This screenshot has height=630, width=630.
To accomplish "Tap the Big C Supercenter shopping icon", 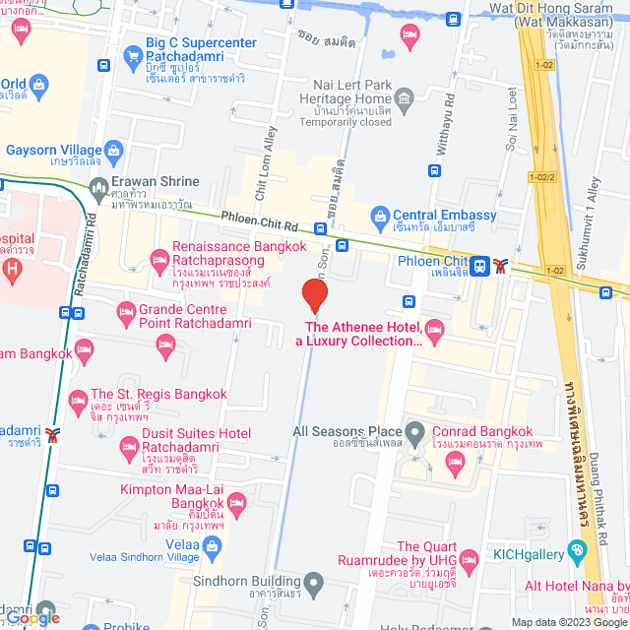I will (131, 55).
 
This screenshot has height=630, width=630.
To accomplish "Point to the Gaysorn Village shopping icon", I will (114, 152).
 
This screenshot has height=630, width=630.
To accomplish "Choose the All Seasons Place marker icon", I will (416, 431).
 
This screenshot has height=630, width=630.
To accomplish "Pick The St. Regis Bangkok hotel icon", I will (78, 400).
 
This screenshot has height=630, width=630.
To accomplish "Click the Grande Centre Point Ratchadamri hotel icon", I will (126, 315).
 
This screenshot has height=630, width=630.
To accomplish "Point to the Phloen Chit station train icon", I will (479, 265).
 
